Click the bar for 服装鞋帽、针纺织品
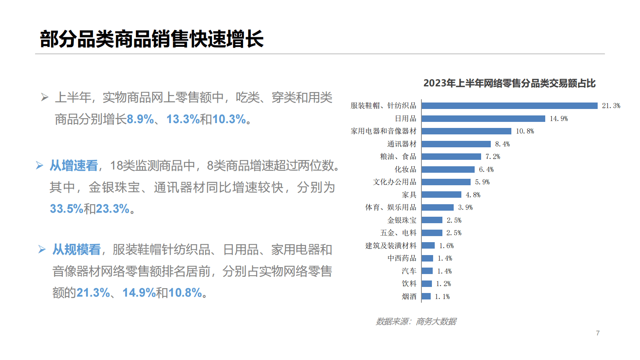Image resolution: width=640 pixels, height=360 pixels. (x=509, y=106)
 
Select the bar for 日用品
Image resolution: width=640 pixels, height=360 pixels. (x=483, y=119)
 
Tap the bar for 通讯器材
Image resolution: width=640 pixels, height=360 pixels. (x=456, y=144)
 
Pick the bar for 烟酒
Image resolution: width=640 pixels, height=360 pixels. (x=426, y=297)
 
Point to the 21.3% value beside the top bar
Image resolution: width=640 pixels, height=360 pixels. (x=611, y=106)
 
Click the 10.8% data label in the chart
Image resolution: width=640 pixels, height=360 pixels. (x=525, y=131)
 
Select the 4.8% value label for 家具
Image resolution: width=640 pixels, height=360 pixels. (x=473, y=195)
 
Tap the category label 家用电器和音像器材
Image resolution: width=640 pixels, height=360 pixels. (x=383, y=131)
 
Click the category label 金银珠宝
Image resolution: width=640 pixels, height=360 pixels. (x=402, y=220)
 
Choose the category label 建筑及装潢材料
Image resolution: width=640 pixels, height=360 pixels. (x=390, y=246)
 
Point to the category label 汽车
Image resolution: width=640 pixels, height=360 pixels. (x=409, y=271)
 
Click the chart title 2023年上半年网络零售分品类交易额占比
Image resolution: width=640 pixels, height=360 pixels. (x=509, y=83)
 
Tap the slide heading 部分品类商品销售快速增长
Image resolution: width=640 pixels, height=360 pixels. (x=152, y=39)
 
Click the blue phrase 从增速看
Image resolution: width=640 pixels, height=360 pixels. (x=74, y=165)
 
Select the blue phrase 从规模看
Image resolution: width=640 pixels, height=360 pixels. (x=77, y=249)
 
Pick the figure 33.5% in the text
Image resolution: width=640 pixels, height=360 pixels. (x=66, y=209)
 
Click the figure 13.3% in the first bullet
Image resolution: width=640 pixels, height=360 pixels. (x=183, y=119)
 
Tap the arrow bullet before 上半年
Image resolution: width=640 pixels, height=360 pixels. (x=45, y=97)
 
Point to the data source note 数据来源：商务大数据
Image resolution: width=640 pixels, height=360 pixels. (x=416, y=321)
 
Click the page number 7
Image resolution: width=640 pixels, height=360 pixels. (x=598, y=333)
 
